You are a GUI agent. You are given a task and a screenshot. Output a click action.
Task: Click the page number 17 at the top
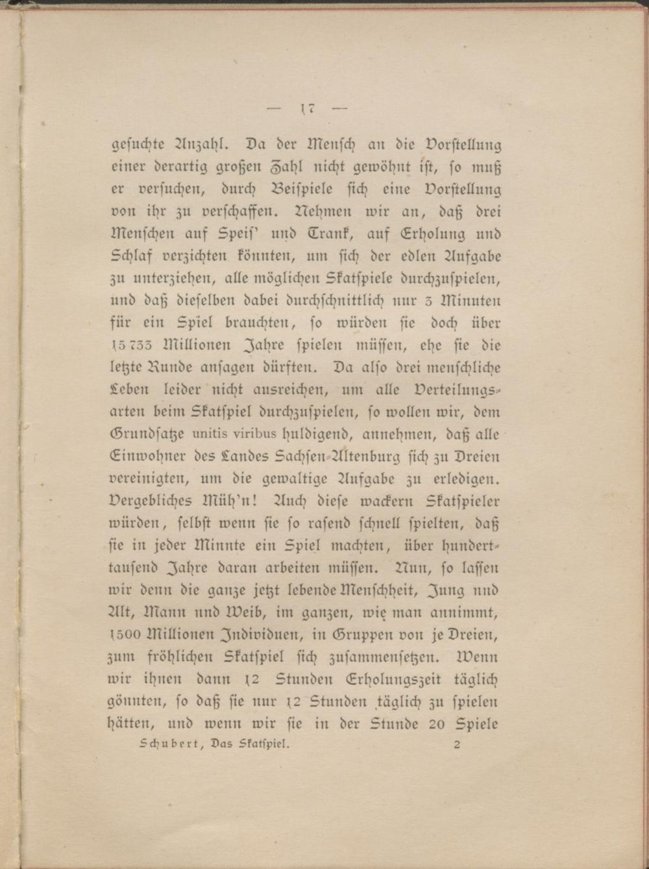(x=308, y=108)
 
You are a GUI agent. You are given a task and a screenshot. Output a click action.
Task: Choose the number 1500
(x=128, y=635)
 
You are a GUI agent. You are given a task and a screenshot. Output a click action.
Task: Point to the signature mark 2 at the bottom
(x=457, y=745)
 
